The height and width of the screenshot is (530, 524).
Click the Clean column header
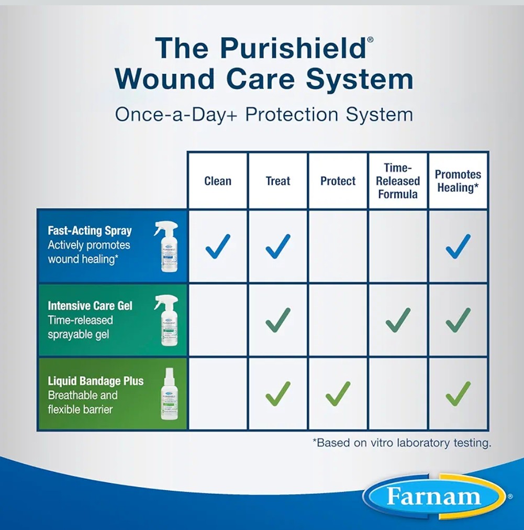click(217, 181)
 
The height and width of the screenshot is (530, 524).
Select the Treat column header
click(277, 181)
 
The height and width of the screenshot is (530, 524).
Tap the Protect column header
click(338, 181)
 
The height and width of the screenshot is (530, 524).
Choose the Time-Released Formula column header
click(398, 181)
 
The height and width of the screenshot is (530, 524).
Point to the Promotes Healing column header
click(458, 181)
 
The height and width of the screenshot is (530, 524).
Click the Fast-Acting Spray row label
click(90, 231)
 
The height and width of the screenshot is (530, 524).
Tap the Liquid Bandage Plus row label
click(95, 381)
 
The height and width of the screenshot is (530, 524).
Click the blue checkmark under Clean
click(217, 246)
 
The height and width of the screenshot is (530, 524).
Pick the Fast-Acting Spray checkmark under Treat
click(277, 246)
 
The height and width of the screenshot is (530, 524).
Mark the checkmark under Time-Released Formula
click(398, 320)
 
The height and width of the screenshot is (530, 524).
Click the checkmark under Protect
click(338, 394)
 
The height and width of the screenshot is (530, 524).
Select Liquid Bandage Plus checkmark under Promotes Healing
click(458, 394)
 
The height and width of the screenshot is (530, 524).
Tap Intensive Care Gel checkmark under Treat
click(277, 320)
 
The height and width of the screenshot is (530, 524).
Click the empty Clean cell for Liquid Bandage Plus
click(217, 394)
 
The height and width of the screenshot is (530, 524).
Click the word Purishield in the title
click(292, 48)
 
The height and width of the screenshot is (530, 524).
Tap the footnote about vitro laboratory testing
click(402, 443)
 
